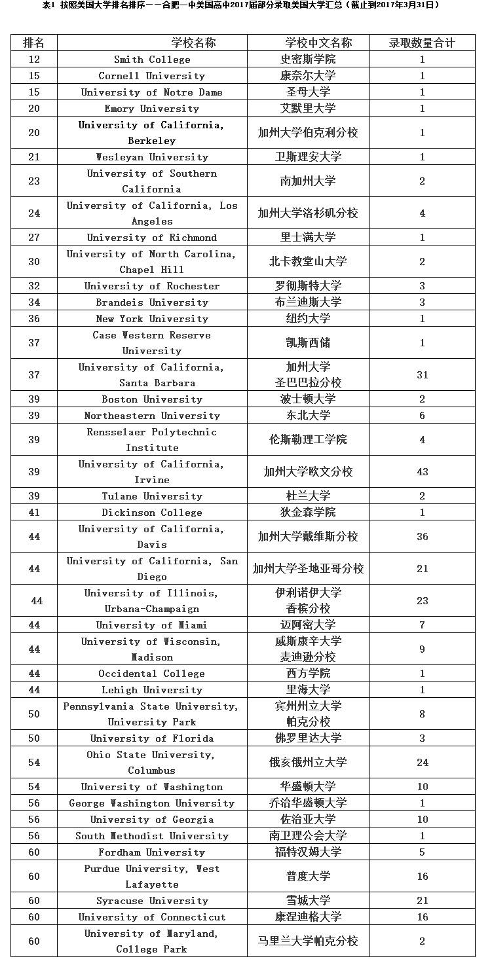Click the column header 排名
pos(34,43)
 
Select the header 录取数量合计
pos(422,43)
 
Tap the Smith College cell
pos(152,60)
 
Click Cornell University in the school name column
pos(152,76)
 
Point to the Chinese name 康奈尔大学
pos(308,76)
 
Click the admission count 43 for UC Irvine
pos(422,472)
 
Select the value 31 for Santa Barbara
pos(422,375)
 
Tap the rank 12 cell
pos(34,60)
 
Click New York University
pos(152,319)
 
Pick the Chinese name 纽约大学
pos(308,319)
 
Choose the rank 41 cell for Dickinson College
pos(34,513)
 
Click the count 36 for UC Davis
pos(422,537)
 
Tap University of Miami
pos(152,625)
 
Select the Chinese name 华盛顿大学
pos(308,787)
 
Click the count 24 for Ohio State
pos(422,763)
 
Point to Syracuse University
pos(152,901)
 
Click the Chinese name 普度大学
pos(308,877)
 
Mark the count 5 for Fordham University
pos(422,852)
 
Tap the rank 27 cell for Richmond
pos(34,238)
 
